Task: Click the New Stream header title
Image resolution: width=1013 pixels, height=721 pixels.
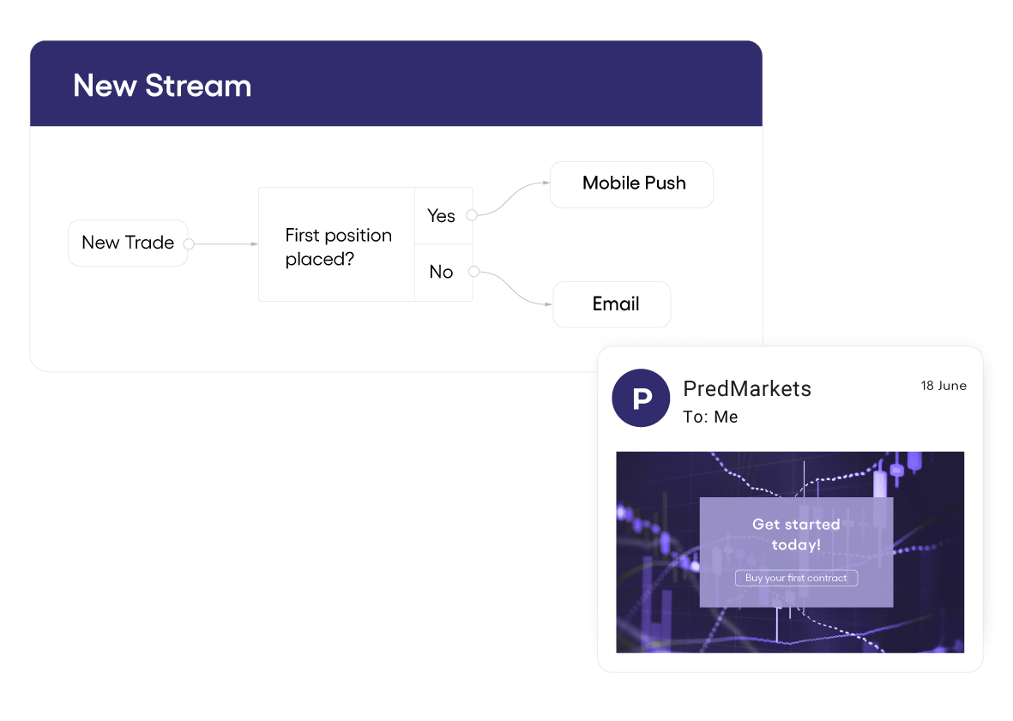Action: pyautogui.click(x=162, y=86)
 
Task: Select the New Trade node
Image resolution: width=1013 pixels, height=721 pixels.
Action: pyautogui.click(x=127, y=243)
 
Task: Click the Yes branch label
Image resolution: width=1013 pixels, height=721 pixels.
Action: pyautogui.click(x=441, y=216)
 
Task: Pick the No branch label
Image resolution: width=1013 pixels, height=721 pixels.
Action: pyautogui.click(x=441, y=272)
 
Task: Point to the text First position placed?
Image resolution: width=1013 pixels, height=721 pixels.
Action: pyautogui.click(x=338, y=247)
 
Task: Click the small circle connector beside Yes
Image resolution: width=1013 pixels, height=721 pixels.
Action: pyautogui.click(x=472, y=215)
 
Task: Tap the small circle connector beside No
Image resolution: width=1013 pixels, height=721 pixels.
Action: pyautogui.click(x=473, y=272)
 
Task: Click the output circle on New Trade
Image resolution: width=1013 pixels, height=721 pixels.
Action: pyautogui.click(x=189, y=243)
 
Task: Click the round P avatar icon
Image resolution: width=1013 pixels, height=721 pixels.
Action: pyautogui.click(x=641, y=398)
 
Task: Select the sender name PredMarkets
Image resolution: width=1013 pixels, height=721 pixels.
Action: pyautogui.click(x=746, y=388)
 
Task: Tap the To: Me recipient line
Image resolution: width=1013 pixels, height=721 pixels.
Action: pyautogui.click(x=710, y=418)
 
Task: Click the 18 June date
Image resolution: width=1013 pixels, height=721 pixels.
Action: pyautogui.click(x=944, y=386)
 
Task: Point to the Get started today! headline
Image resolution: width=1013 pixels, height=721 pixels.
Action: pyautogui.click(x=796, y=534)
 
